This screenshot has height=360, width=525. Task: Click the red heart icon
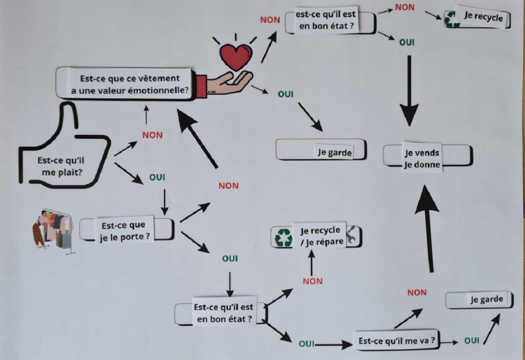236,56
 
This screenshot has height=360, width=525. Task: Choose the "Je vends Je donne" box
422,158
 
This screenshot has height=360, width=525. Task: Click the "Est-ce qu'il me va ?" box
397,341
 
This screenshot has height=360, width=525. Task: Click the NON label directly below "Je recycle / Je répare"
313,281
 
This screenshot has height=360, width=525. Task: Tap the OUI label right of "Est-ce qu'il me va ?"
472,341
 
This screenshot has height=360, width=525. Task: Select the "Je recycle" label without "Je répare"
483,16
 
